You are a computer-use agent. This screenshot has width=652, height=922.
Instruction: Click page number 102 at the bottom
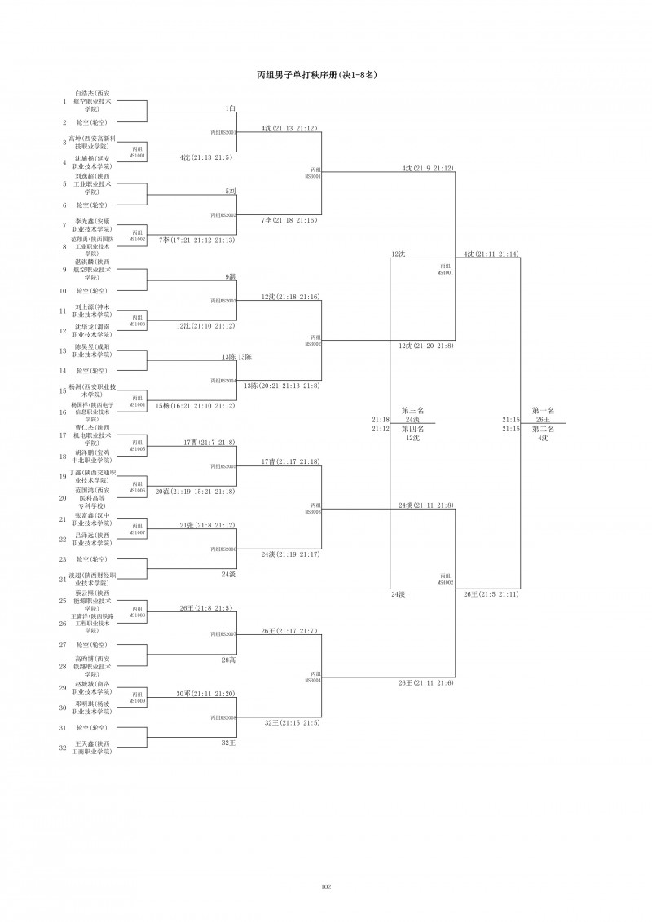click(x=326, y=886)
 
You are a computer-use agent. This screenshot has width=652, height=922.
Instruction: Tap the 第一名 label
click(x=543, y=410)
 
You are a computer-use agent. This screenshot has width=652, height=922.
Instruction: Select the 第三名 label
click(x=412, y=410)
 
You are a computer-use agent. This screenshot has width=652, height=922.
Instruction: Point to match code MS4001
click(x=446, y=269)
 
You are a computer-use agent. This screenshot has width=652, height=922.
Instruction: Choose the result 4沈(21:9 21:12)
click(x=427, y=168)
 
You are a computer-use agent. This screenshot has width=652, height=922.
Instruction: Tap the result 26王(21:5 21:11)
click(x=491, y=593)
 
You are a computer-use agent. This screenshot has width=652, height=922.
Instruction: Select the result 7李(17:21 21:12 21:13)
click(x=197, y=240)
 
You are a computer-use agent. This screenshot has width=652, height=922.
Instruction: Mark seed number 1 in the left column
click(x=64, y=102)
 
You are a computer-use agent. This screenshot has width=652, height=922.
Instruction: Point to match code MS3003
click(x=314, y=510)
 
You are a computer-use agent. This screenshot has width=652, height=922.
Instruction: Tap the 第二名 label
click(x=543, y=429)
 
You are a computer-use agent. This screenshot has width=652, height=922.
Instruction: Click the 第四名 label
click(x=412, y=429)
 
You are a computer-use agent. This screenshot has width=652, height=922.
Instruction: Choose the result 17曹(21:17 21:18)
click(x=290, y=461)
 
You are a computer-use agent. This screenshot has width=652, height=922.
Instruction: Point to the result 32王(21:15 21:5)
click(x=292, y=722)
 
